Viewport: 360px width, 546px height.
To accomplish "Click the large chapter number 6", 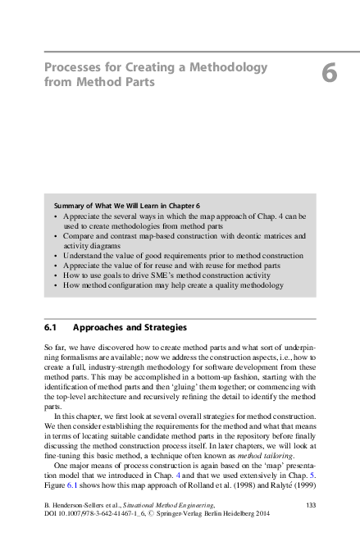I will tap(329, 74).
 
